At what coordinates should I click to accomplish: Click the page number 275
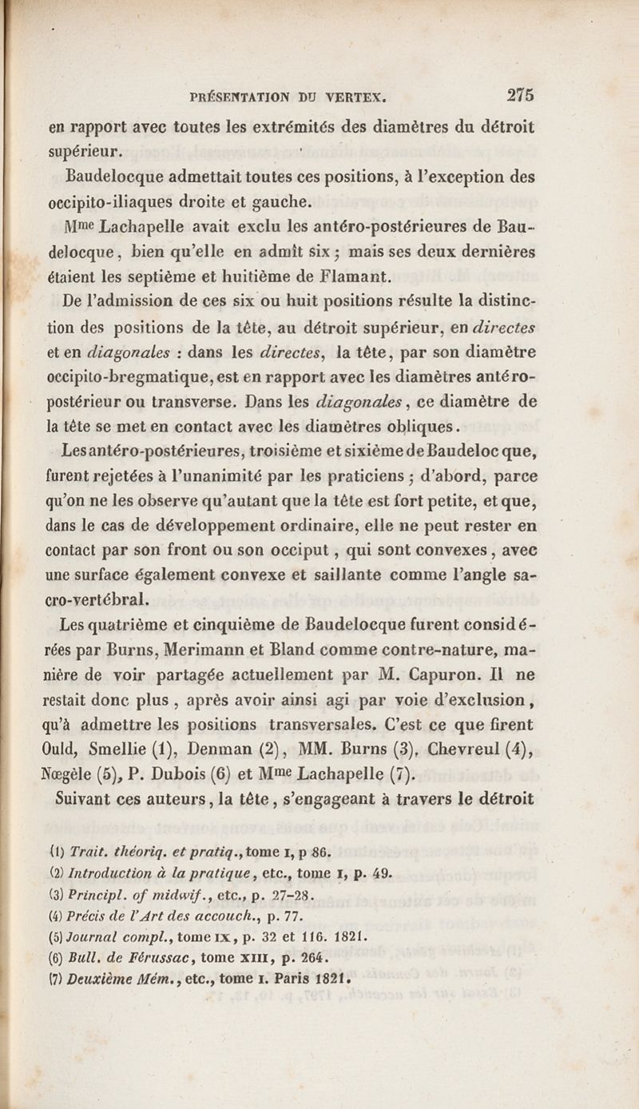pos(520,94)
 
